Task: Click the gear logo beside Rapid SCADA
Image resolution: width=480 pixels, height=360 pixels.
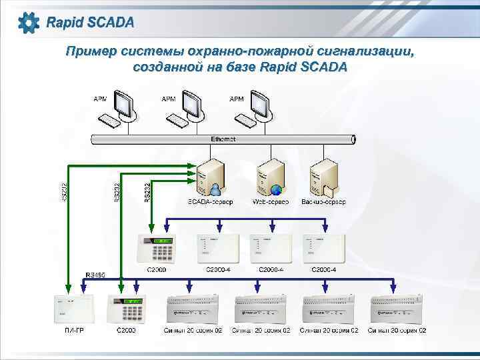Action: pos(29,23)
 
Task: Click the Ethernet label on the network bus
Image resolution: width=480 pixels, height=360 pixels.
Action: pos(223,139)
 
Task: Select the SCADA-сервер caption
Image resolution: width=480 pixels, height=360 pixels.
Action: pos(211,201)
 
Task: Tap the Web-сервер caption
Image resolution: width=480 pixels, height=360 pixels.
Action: pos(271,201)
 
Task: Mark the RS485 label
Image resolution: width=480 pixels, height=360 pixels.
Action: pos(95,275)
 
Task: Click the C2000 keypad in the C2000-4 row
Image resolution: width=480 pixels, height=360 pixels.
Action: pos(156,249)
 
